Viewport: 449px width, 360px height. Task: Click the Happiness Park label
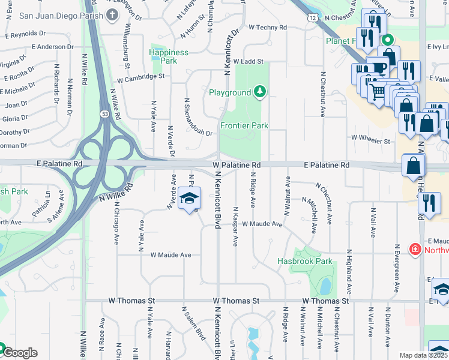(x=169, y=57)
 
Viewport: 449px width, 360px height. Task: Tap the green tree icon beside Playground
(x=259, y=92)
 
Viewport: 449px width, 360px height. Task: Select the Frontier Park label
(x=244, y=125)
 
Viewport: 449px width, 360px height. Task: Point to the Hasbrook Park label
(x=304, y=261)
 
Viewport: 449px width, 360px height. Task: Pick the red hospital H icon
(x=414, y=249)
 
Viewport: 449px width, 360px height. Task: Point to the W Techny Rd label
(x=267, y=28)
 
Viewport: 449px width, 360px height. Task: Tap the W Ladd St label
(x=249, y=61)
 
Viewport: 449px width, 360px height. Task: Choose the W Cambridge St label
(x=140, y=77)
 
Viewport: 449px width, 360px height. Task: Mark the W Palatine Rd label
(x=236, y=164)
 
